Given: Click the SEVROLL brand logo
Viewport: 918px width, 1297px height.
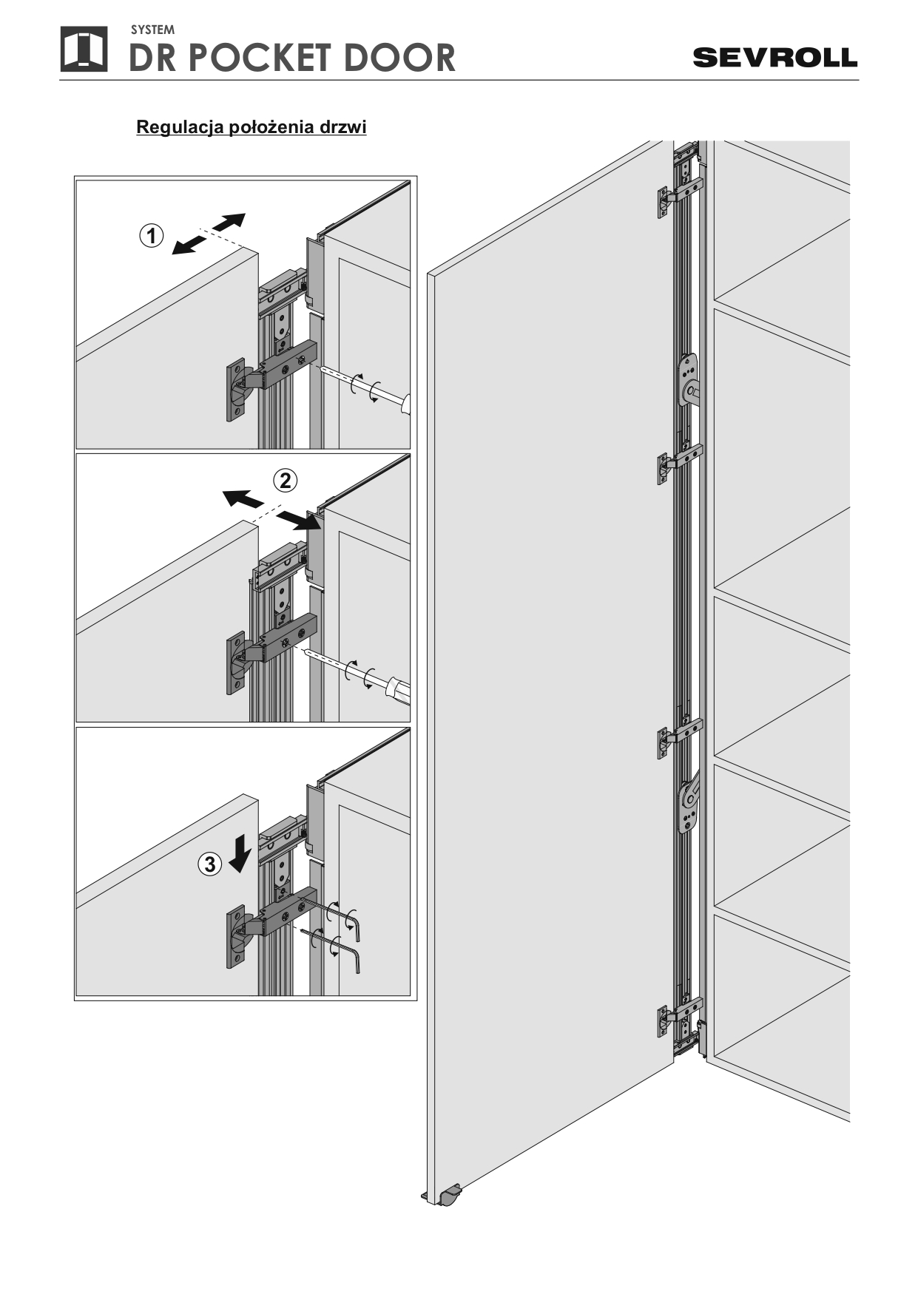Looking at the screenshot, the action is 774,58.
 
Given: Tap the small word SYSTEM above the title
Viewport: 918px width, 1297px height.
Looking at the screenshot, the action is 152,30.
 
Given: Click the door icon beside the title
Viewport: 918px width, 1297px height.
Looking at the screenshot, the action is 84,50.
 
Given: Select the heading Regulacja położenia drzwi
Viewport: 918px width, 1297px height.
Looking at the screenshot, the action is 252,127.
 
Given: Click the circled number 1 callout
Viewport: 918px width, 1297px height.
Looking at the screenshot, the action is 152,237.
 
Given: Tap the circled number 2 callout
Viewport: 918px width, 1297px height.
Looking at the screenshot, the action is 286,481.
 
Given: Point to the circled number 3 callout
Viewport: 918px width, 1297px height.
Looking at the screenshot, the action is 210,864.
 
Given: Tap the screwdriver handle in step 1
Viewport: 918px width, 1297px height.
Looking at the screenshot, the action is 405,406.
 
